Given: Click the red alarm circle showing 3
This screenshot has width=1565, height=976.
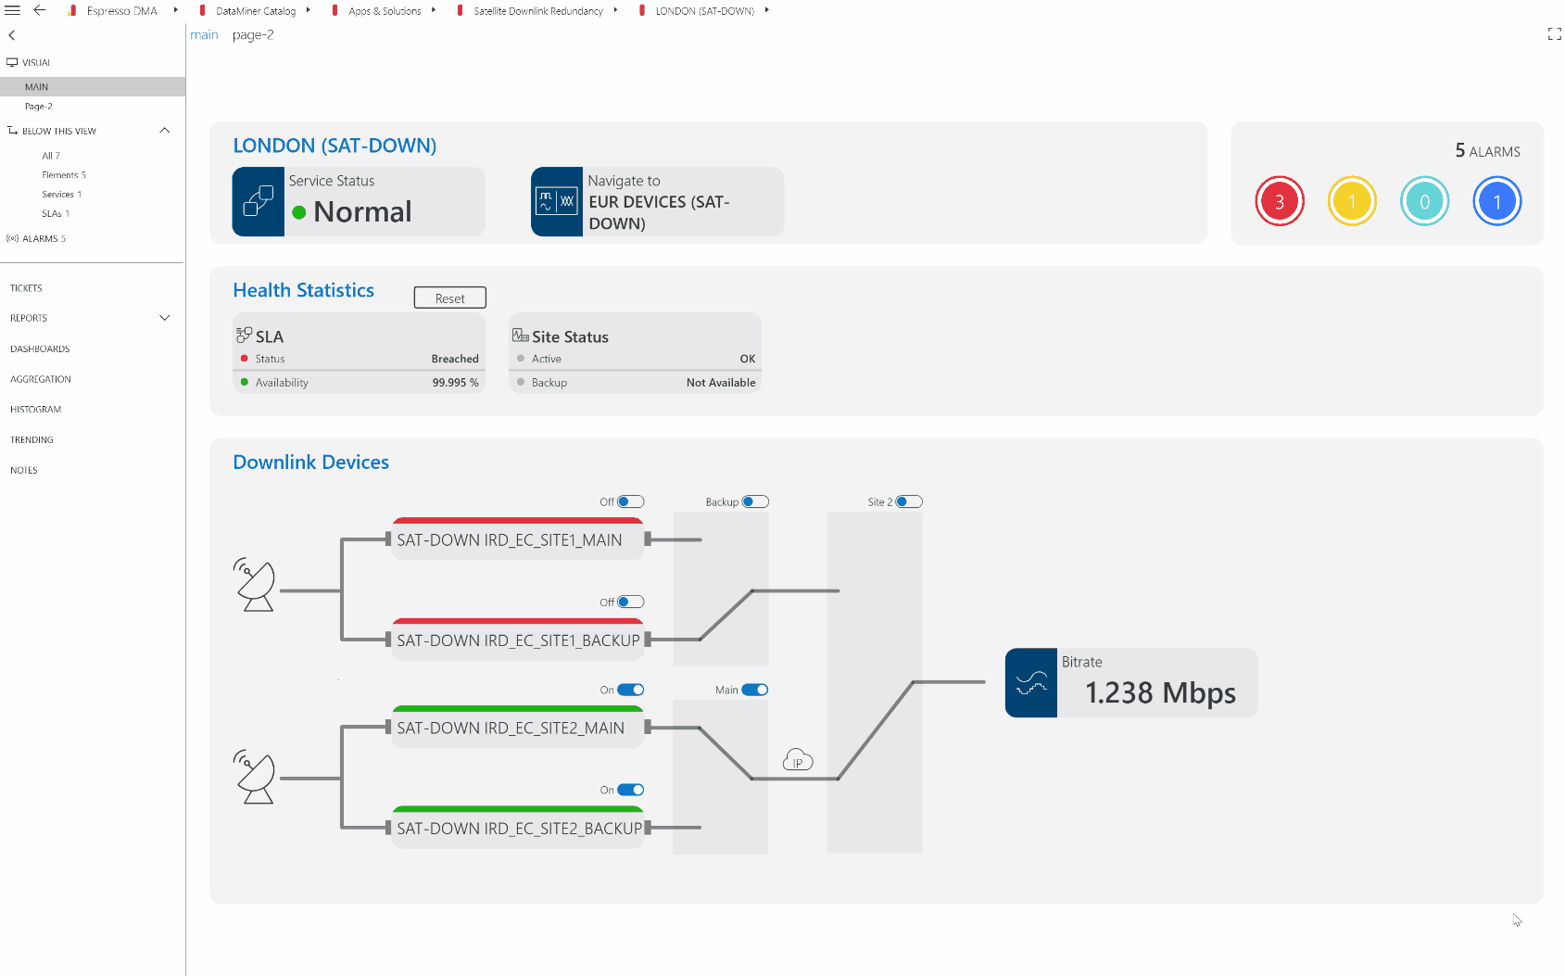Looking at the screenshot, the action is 1280,201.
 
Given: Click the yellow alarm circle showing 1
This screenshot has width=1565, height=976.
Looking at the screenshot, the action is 1352,201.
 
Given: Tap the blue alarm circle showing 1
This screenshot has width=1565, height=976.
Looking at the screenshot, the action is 1496,201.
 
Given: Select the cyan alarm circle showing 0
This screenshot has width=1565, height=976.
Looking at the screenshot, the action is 1424,201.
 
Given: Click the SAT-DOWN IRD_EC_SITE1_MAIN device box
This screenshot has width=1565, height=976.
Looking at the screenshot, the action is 518,539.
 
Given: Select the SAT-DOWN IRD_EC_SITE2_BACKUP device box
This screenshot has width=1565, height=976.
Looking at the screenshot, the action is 518,827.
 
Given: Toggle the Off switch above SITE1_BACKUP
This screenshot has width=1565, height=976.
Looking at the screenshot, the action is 630,602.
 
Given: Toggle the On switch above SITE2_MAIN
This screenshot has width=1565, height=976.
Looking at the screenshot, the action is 630,690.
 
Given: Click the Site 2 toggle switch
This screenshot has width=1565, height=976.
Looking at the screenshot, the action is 909,501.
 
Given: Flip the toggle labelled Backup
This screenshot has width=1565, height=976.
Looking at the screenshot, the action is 755,501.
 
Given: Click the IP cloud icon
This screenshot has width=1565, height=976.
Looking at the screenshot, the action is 797,759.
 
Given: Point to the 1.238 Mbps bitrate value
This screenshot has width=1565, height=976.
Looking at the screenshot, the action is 1160,692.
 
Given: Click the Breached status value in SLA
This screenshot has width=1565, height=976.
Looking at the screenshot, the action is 455,359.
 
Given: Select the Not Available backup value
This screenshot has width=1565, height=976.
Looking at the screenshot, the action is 720,382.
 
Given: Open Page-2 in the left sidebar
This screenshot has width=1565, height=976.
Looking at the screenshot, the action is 38,107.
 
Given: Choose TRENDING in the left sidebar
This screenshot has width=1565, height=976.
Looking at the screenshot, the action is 32,439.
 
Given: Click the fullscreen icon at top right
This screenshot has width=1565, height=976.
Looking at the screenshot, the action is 1555,34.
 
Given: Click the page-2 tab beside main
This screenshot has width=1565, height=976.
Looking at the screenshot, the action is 253,35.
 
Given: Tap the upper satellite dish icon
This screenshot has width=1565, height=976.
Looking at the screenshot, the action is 254,584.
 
